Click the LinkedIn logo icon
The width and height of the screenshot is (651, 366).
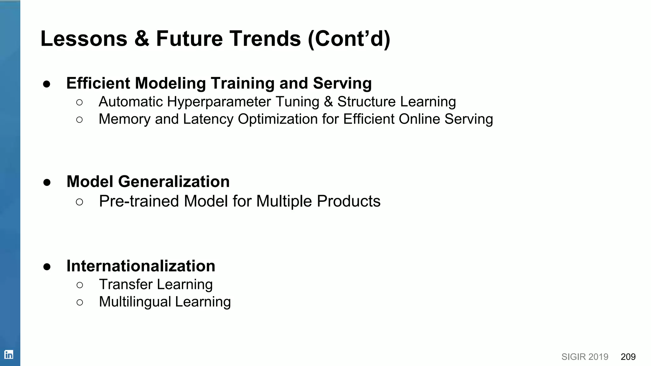coord(9,355)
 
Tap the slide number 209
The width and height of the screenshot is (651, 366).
coord(628,357)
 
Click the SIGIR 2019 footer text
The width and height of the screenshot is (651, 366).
coord(585,357)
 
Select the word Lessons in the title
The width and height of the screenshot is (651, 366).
coord(84,39)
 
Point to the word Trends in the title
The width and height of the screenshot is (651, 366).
coord(265,39)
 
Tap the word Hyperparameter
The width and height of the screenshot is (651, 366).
coord(219,102)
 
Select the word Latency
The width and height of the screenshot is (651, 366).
coord(208,119)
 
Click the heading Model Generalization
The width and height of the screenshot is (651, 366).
coord(148,182)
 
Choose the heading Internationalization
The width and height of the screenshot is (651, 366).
coord(140,266)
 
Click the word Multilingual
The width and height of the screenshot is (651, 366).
coord(135,302)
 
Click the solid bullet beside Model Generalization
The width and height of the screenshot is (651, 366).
coord(47,182)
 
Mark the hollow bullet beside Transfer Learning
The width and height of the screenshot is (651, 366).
coord(80,285)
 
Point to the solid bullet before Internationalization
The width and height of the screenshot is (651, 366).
coord(47,267)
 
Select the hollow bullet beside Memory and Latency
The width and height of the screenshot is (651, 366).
coord(79,120)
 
